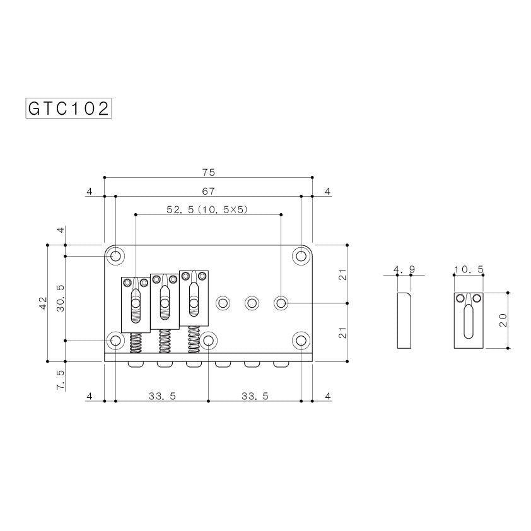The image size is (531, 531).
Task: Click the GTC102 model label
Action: tap(69, 108)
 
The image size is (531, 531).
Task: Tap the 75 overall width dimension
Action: tap(209, 173)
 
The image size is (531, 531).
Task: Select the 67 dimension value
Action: tap(208, 192)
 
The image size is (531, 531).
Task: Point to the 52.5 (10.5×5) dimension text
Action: tap(207, 210)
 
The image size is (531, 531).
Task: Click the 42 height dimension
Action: tap(43, 303)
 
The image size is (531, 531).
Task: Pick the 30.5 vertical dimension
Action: tap(60, 298)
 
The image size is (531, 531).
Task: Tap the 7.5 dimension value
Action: tap(60, 380)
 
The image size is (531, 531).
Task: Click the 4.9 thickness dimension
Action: tap(404, 269)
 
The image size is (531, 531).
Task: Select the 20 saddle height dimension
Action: tap(503, 320)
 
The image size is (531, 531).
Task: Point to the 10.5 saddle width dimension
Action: tap(469, 269)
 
